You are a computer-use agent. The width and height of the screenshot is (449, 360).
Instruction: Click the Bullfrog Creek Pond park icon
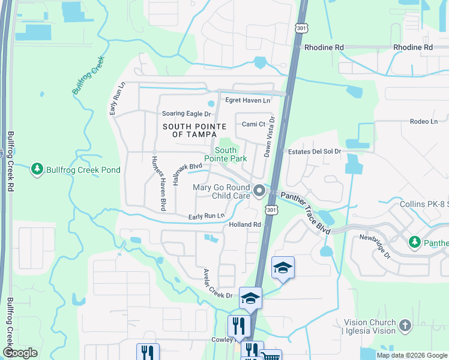tap(37, 170)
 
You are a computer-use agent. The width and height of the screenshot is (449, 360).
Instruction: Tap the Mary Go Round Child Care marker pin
tap(260, 191)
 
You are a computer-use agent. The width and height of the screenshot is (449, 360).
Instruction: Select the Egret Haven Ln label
tap(247, 100)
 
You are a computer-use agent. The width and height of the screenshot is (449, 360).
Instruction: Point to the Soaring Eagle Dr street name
tap(187, 113)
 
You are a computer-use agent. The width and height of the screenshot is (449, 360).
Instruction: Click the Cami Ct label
tap(253, 124)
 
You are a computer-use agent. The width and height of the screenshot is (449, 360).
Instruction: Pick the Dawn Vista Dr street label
tap(270, 137)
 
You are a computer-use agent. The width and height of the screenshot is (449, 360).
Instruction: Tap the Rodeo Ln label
tap(424, 121)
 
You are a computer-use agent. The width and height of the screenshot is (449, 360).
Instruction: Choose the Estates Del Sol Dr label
tap(314, 152)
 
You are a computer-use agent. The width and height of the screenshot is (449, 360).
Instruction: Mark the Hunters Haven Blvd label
tap(157, 183)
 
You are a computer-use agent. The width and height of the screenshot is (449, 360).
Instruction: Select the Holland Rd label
tap(245, 224)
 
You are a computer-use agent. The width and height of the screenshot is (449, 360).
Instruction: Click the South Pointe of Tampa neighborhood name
tap(194, 130)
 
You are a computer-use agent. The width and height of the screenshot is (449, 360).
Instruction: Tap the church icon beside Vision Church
tap(405, 326)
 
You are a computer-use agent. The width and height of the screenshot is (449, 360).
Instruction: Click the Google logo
tap(20, 353)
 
